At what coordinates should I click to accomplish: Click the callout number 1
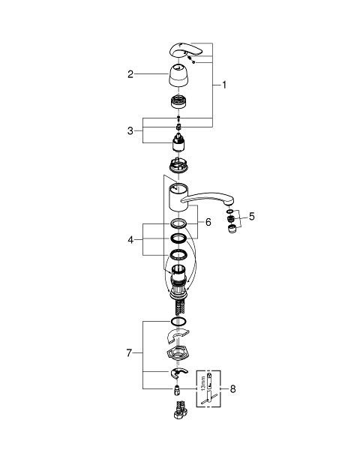pyautogui.click(x=224, y=85)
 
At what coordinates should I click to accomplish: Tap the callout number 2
pyautogui.click(x=130, y=74)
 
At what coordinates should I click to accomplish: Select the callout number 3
pyautogui.click(x=130, y=130)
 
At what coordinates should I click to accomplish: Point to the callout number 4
pyautogui.click(x=130, y=239)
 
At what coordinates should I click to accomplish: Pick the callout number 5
pyautogui.click(x=251, y=217)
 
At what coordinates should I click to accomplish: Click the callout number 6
pyautogui.click(x=208, y=222)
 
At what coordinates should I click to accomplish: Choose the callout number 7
pyautogui.click(x=129, y=353)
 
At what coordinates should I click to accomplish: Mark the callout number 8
pyautogui.click(x=232, y=388)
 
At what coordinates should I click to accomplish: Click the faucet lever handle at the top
pyautogui.click(x=187, y=51)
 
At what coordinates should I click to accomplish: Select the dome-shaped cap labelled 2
pyautogui.click(x=178, y=76)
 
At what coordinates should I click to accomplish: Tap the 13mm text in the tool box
pyautogui.click(x=202, y=383)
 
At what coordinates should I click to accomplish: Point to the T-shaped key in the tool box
pyautogui.click(x=209, y=397)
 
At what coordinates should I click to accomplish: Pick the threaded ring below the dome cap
pyautogui.click(x=178, y=101)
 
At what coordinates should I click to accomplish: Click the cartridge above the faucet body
pyautogui.click(x=178, y=142)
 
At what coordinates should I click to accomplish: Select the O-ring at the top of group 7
pyautogui.click(x=178, y=322)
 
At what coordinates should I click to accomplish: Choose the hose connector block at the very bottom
pyautogui.click(x=180, y=410)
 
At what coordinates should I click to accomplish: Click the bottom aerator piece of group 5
pyautogui.click(x=232, y=229)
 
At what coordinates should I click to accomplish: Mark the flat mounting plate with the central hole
pyautogui.click(x=178, y=353)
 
